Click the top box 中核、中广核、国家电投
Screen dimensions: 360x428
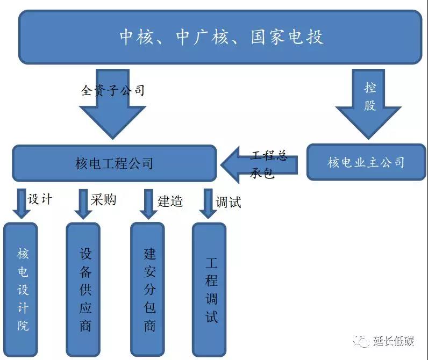220,38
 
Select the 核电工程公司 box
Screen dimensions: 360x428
114,163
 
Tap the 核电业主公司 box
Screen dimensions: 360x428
366,162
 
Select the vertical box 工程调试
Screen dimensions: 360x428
210,290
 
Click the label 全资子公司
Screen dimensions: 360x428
113,90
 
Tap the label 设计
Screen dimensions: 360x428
40,199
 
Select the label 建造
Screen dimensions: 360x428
170,201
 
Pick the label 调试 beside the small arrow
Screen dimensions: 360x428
228,202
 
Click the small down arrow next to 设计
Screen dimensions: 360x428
22,203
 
